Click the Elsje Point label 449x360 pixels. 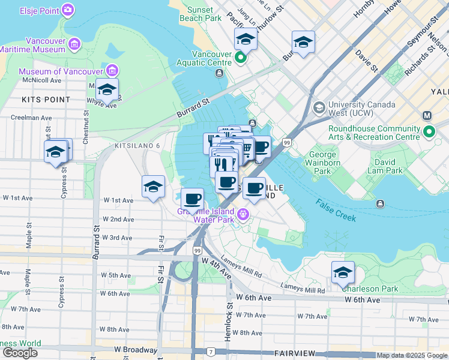40,11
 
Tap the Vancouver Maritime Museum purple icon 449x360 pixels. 75,43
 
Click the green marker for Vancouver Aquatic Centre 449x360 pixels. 241,58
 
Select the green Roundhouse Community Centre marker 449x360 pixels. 429,131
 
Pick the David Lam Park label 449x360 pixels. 385,166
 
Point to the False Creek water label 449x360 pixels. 336,210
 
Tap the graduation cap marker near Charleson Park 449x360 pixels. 343,273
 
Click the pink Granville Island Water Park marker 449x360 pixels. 243,214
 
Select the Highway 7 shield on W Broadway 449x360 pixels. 211,351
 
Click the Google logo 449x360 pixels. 19,353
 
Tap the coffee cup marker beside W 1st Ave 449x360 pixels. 192,199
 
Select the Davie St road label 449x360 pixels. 366,62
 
